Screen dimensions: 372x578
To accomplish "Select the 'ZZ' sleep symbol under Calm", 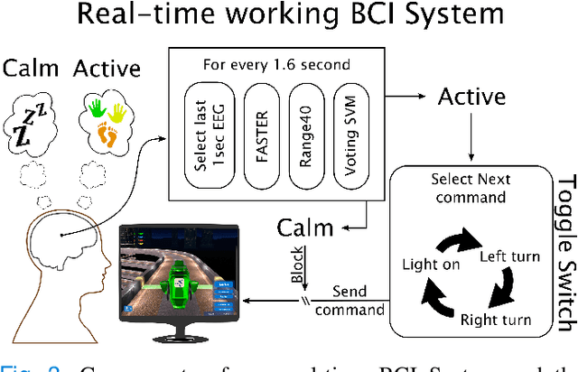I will point(33,122).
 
